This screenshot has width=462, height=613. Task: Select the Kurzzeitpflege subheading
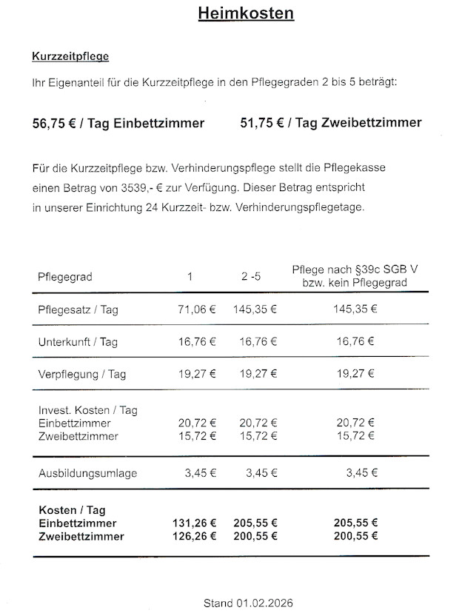coord(70,56)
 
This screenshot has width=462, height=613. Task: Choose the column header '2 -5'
coord(250,277)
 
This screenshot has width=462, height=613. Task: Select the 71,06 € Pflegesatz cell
coord(197,309)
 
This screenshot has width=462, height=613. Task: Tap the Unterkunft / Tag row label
coord(78,342)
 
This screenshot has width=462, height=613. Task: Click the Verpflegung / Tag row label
coord(81,374)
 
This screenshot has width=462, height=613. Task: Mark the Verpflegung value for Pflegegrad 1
coord(197,374)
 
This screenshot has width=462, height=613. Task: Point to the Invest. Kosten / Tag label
coord(87,409)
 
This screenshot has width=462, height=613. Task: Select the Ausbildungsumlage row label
coord(87,473)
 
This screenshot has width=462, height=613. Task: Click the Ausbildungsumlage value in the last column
coord(361,473)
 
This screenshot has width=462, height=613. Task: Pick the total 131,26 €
coord(194,523)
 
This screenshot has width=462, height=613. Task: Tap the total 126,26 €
coord(194,536)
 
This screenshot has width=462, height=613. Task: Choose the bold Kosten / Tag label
coord(71,510)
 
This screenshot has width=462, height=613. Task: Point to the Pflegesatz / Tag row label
coord(78,309)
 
